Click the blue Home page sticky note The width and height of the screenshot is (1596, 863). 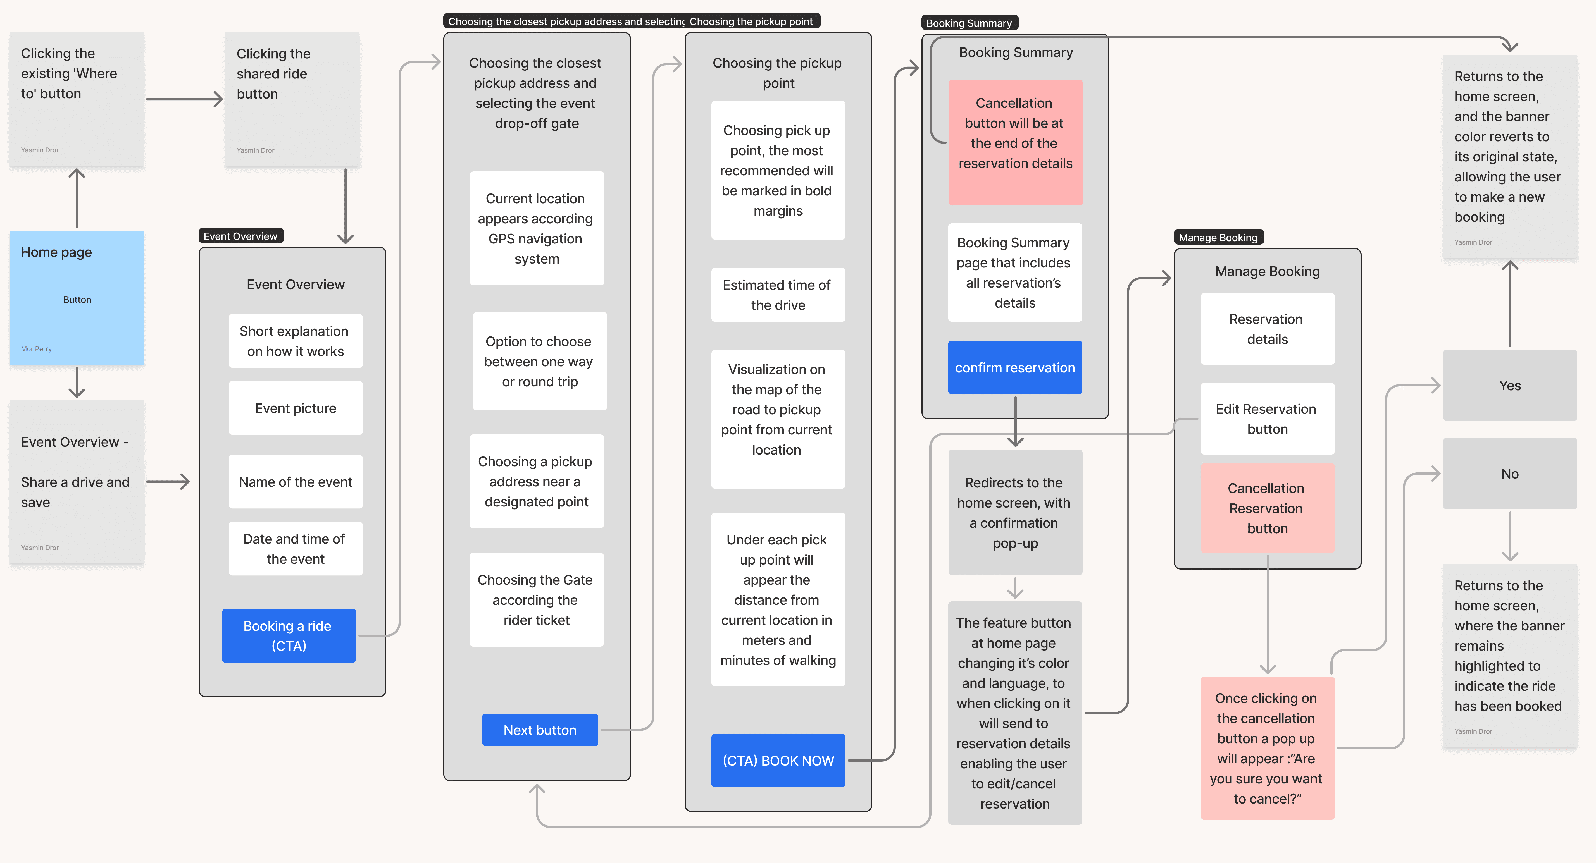click(77, 297)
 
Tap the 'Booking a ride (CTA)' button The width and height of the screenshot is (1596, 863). click(289, 636)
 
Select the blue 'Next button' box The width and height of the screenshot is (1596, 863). click(540, 730)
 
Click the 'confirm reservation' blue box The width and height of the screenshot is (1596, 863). click(1015, 367)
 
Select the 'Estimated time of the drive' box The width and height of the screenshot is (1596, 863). click(778, 295)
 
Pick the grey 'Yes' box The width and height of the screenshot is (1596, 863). click(1510, 385)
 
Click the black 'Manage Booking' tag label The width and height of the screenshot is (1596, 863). click(1218, 237)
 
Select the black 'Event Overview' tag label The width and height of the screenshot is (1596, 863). click(240, 236)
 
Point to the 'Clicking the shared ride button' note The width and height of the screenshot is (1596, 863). click(292, 99)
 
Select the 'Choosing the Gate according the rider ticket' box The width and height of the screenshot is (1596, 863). click(537, 600)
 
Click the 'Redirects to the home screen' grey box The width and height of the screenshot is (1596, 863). click(1015, 512)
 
